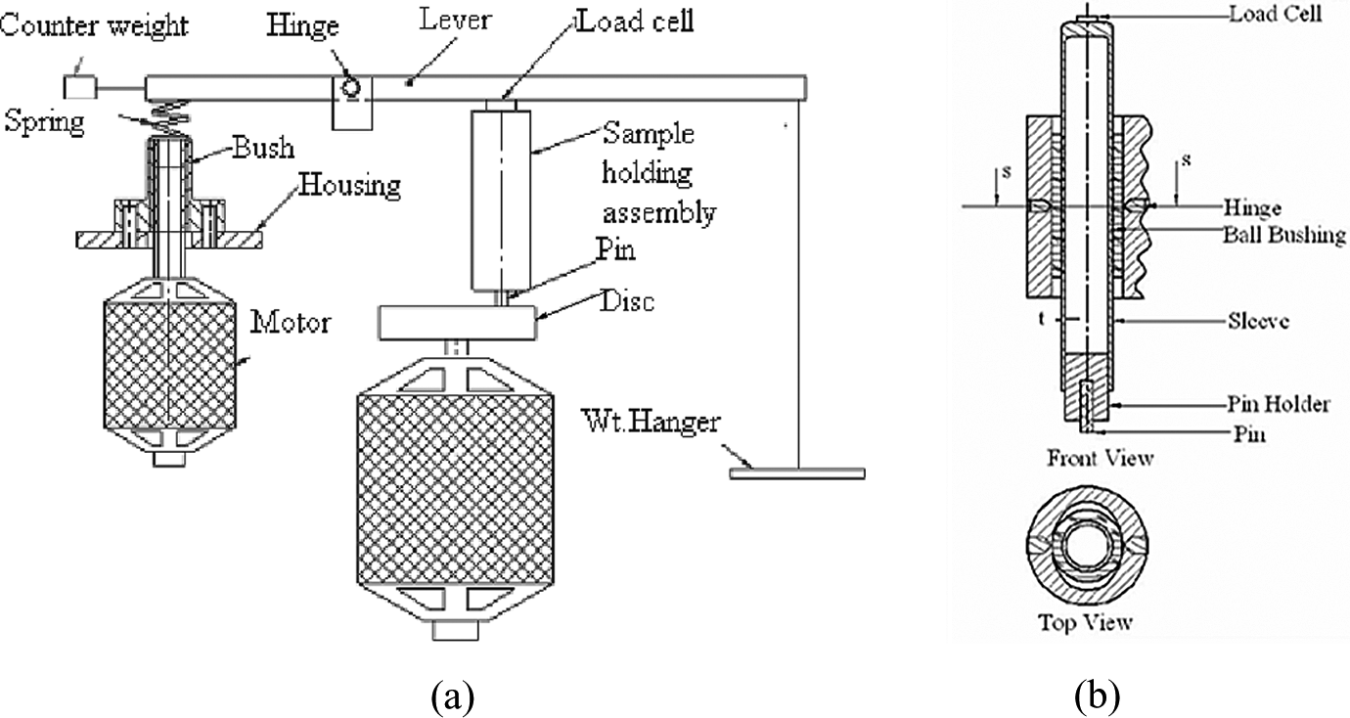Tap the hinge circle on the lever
click(x=350, y=88)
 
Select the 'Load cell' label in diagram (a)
click(x=635, y=22)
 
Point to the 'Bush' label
click(x=263, y=148)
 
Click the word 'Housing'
click(x=349, y=185)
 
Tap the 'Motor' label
click(x=291, y=323)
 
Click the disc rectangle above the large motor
click(x=457, y=323)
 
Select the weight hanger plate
click(x=796, y=473)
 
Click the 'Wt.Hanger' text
click(x=651, y=421)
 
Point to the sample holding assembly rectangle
click(x=501, y=201)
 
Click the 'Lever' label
click(x=456, y=19)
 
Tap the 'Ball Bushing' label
click(x=1283, y=235)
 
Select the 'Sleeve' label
click(x=1258, y=321)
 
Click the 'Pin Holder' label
click(x=1279, y=404)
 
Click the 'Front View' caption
click(x=1100, y=458)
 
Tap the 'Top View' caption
click(x=1085, y=621)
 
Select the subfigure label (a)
click(x=453, y=696)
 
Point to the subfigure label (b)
click(x=1097, y=696)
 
